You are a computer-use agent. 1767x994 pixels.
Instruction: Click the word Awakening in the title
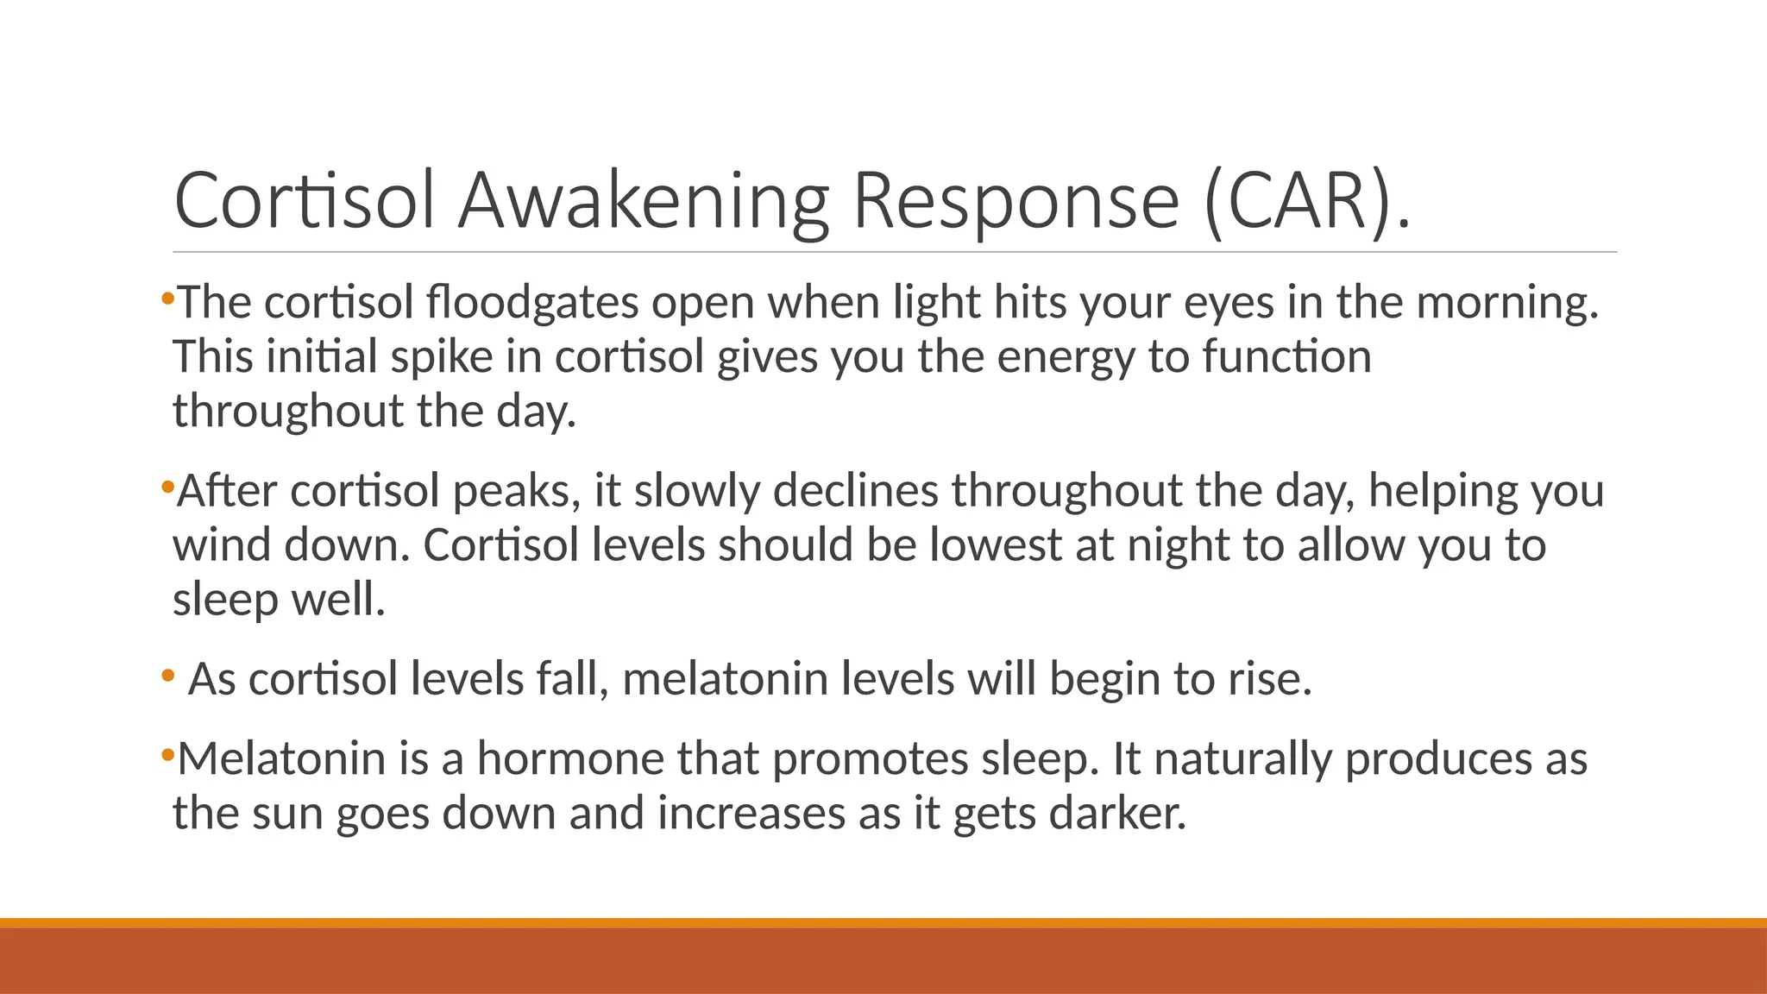point(643,200)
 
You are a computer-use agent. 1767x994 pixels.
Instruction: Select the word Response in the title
point(1016,200)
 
